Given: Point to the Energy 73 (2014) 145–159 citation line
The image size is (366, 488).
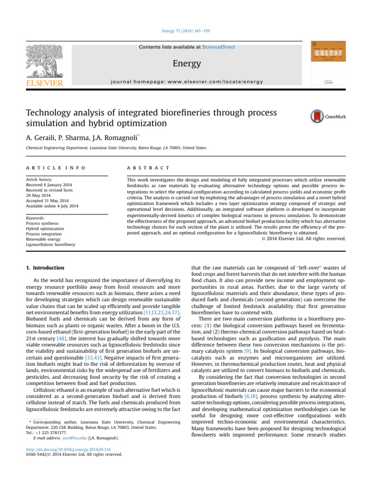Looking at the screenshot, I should (183, 31).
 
